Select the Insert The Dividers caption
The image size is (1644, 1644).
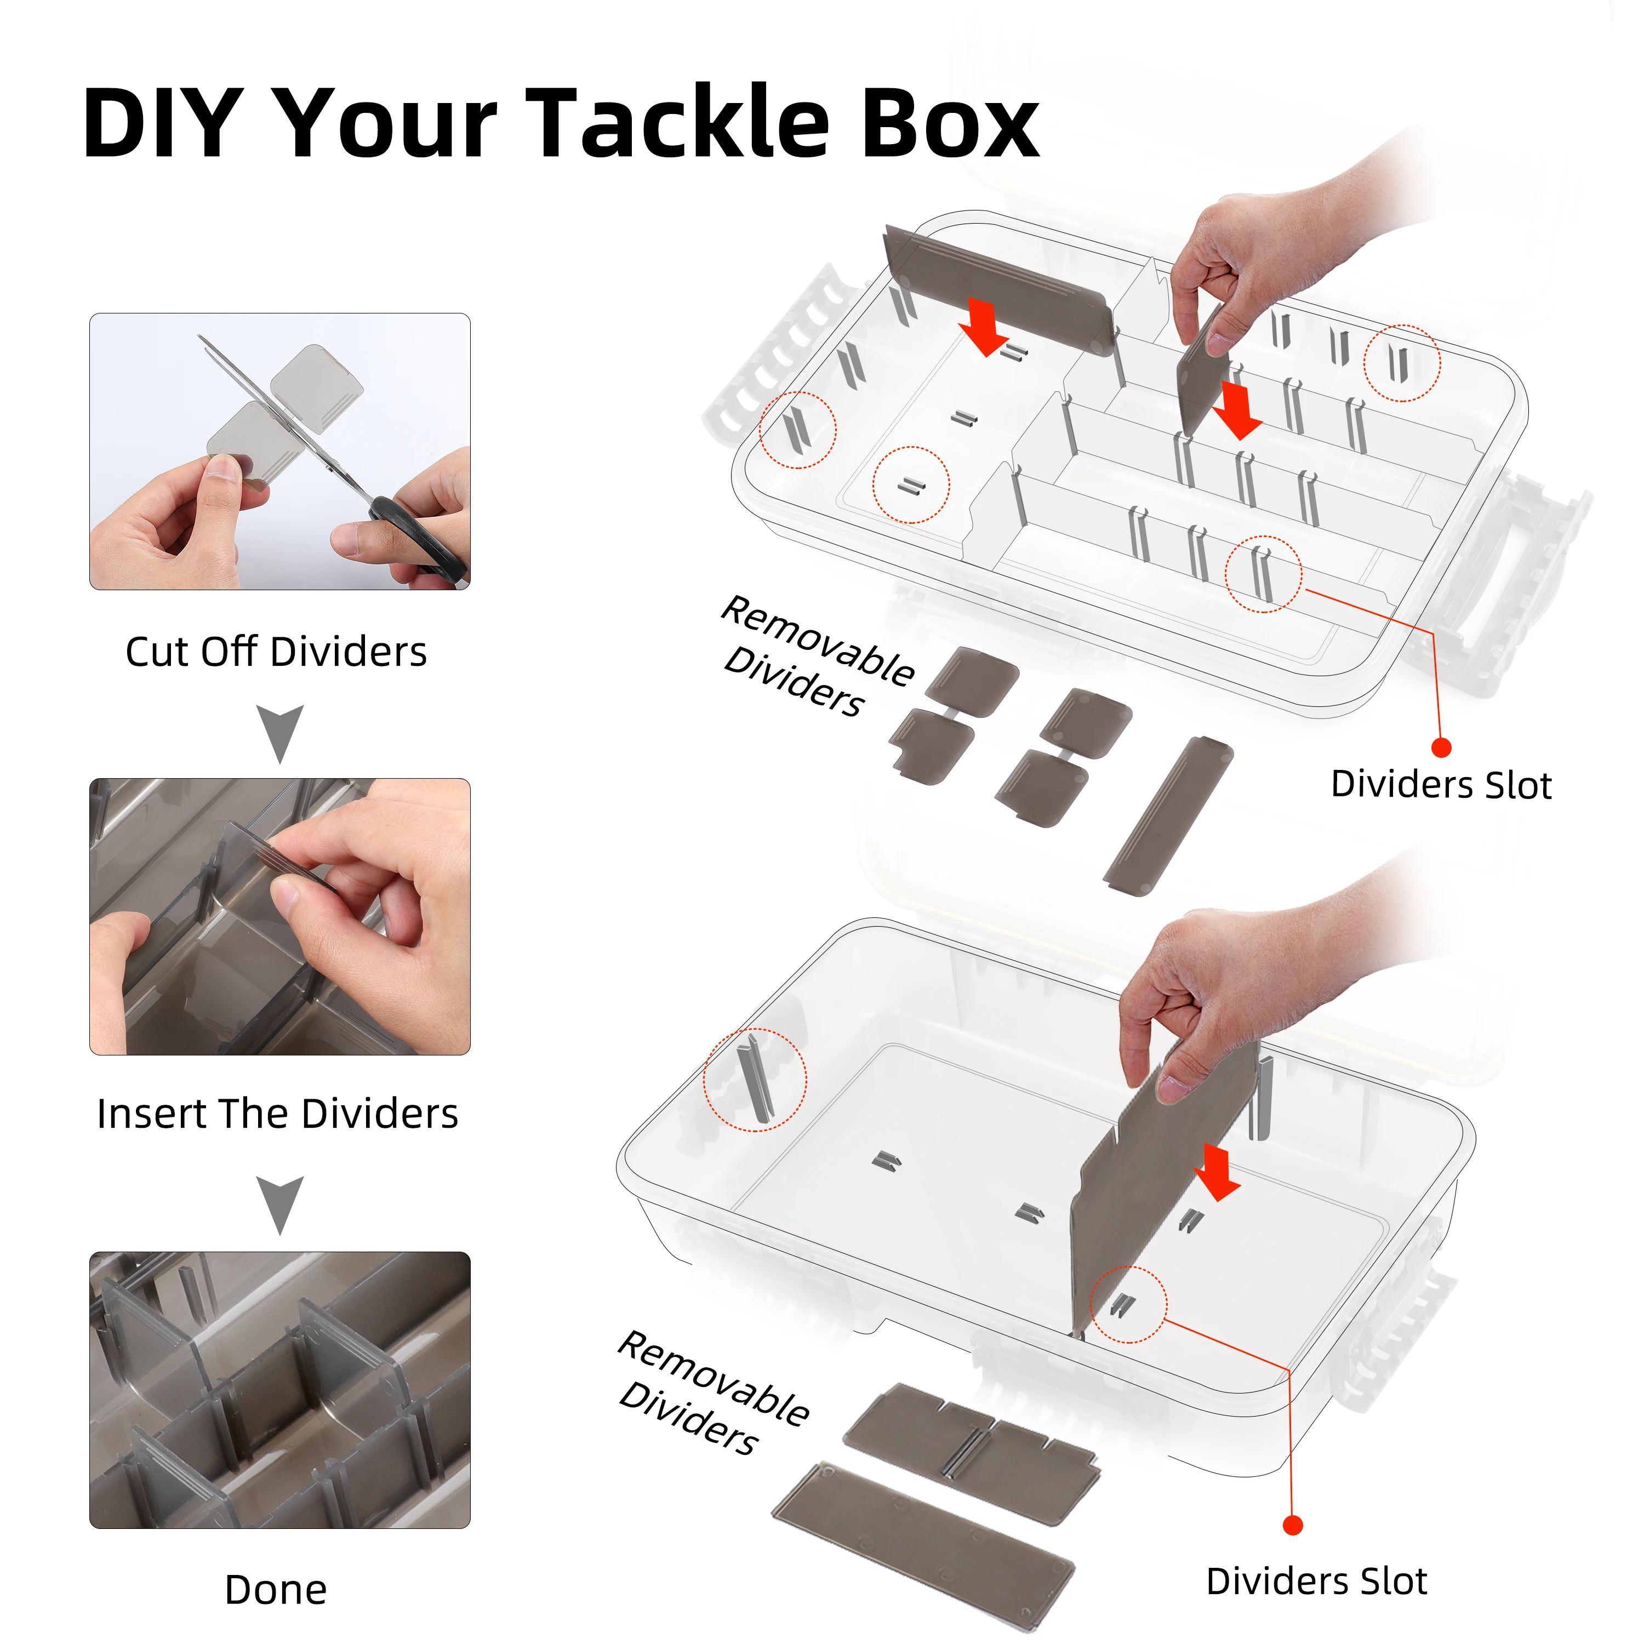point(277,1114)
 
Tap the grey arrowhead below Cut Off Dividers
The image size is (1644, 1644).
point(280,732)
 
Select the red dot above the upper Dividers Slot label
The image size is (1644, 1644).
point(1441,747)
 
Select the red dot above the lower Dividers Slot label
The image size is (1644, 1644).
point(1293,1525)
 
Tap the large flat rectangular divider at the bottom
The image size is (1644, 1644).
point(923,1532)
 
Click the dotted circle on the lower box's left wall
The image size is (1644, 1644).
point(754,1080)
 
